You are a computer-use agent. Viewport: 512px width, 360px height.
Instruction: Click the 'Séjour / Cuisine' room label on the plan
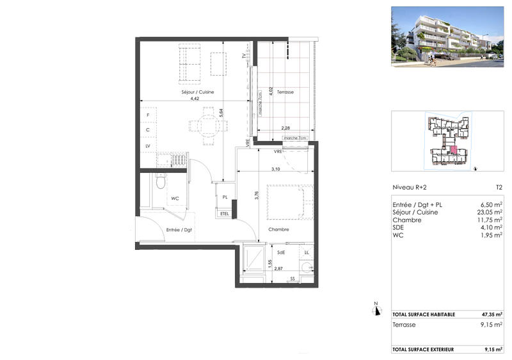197,92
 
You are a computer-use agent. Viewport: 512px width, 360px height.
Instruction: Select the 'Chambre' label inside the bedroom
278,229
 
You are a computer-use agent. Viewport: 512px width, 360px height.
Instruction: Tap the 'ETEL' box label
224,214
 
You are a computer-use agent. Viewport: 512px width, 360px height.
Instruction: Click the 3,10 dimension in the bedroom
276,169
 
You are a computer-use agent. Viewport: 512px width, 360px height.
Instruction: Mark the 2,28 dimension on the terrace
286,128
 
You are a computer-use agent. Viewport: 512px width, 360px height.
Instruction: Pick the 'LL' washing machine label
307,253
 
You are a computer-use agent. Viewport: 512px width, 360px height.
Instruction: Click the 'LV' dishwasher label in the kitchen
148,146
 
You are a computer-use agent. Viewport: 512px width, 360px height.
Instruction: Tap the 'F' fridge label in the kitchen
148,115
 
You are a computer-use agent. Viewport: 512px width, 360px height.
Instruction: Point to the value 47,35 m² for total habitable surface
492,315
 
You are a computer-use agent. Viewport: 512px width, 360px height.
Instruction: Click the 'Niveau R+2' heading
410,188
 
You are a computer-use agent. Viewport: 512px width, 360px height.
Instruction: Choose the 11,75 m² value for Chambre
490,219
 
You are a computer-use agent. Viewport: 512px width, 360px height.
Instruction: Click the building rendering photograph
447,37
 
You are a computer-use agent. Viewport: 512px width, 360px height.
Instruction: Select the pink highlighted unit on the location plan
453,150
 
